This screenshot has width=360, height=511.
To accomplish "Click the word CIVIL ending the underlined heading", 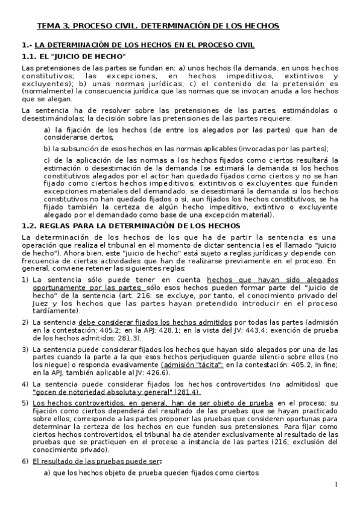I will (x=242, y=45).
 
